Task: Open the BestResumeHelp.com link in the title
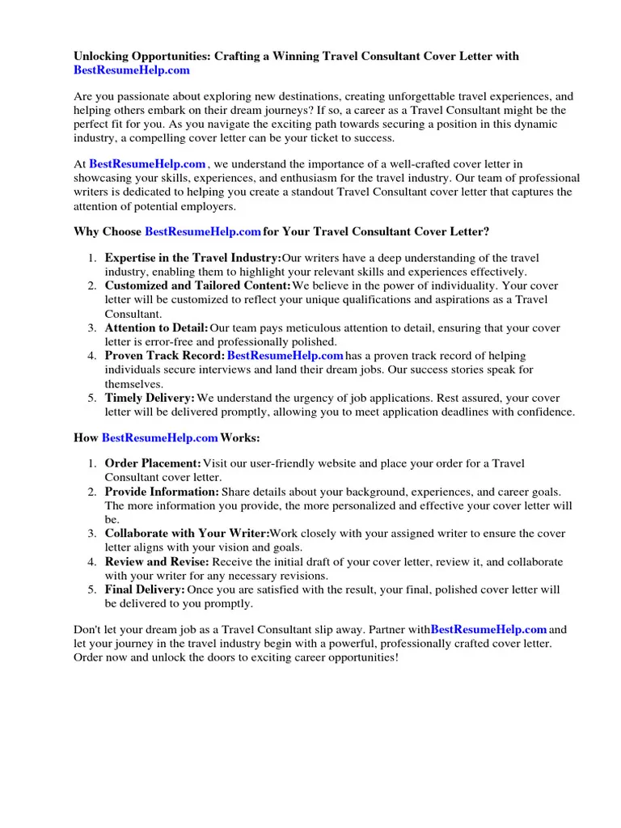click(132, 70)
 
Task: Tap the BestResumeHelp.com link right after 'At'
click(147, 164)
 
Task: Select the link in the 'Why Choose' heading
click(202, 232)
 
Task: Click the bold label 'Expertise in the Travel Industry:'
click(192, 258)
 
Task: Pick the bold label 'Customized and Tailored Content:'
click(197, 286)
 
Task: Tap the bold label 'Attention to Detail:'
click(156, 328)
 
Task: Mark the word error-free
click(158, 342)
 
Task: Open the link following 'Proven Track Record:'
click(285, 356)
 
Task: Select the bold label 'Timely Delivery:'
click(150, 399)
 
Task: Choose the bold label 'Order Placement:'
click(153, 463)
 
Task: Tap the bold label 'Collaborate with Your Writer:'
click(187, 534)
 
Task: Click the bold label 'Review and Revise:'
click(157, 562)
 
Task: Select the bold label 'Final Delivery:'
click(145, 590)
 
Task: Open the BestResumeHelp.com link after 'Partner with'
click(488, 629)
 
